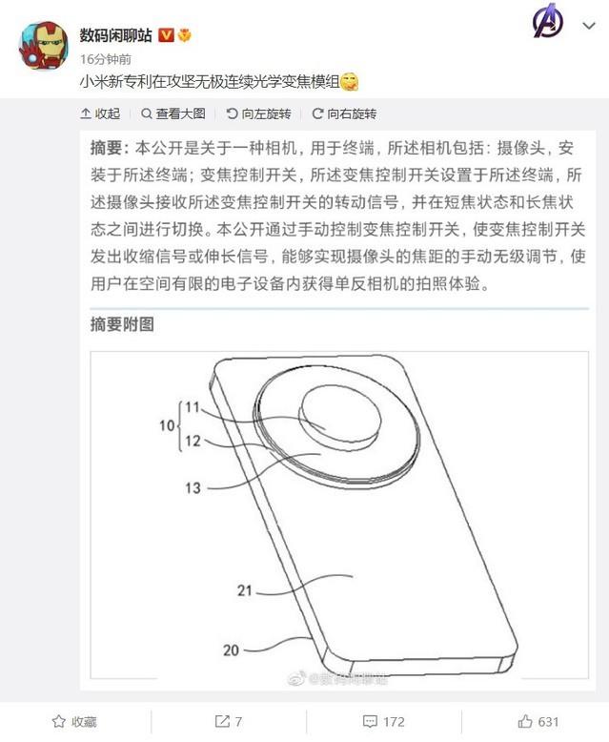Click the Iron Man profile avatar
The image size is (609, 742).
(x=43, y=45)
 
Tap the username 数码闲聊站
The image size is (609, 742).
(x=116, y=34)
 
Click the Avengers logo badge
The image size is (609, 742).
(x=547, y=22)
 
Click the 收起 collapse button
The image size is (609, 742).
(x=101, y=114)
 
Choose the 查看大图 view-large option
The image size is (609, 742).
(x=174, y=114)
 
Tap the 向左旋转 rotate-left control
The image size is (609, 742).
(x=259, y=114)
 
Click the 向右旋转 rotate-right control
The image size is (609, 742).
(x=344, y=114)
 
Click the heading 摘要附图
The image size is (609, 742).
(x=121, y=324)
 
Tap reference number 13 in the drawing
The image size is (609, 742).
(x=193, y=487)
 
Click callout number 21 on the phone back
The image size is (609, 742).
(x=245, y=590)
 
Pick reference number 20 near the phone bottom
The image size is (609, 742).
(x=230, y=650)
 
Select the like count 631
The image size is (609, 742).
(x=538, y=722)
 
